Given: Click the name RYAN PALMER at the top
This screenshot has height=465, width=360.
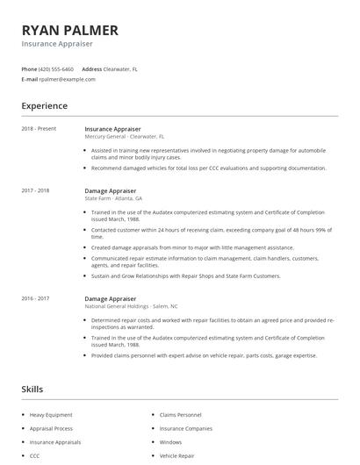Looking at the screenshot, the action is pyautogui.click(x=70, y=30).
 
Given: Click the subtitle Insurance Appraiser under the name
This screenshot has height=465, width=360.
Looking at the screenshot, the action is pyautogui.click(x=57, y=44).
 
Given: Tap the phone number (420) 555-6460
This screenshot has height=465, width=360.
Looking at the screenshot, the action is pyautogui.click(x=56, y=68).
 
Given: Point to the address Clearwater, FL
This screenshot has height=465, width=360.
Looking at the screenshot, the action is pyautogui.click(x=122, y=68).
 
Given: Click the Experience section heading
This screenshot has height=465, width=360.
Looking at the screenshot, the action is pyautogui.click(x=44, y=106).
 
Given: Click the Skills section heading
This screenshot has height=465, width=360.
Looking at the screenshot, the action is pyautogui.click(x=32, y=389).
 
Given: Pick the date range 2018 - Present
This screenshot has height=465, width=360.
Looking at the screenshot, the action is pyautogui.click(x=39, y=129).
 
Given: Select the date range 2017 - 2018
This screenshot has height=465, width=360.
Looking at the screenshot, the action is pyautogui.click(x=36, y=190).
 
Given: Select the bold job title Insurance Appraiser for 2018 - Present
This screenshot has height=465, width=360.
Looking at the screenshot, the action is pyautogui.click(x=112, y=129).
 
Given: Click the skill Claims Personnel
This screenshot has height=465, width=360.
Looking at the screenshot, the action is pyautogui.click(x=179, y=414).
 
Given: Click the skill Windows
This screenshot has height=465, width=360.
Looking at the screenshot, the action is pyautogui.click(x=170, y=442).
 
